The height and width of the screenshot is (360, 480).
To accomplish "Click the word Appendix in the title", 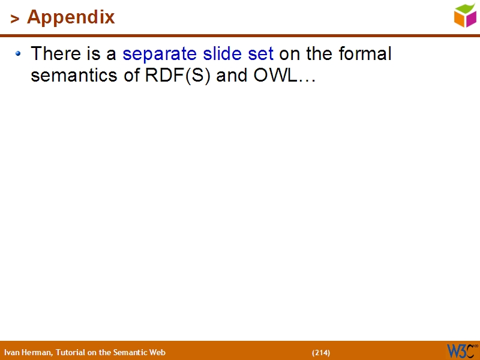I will [71, 17].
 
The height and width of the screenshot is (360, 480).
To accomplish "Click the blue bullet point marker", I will [19, 54].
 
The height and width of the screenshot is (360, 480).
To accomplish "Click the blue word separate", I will [158, 55].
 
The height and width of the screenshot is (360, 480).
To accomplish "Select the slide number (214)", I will [321, 353].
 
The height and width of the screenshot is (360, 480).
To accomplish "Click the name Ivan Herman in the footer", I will [28, 353].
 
